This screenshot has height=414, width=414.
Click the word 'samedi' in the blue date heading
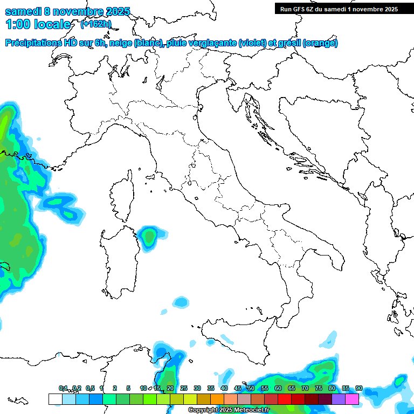coord(23,11)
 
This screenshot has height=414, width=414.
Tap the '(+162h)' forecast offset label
coord(96,24)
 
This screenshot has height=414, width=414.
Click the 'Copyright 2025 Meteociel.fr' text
coord(229,410)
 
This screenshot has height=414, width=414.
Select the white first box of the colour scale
coord(55,399)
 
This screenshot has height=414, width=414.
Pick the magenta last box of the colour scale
coord(352,399)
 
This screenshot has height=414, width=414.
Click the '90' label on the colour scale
coord(358,389)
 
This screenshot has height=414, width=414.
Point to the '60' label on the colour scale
coord(278,389)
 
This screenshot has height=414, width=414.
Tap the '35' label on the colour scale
coord(211,389)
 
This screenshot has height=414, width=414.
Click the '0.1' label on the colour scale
coord(63,389)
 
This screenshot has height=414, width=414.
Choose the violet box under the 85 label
coord(339,399)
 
